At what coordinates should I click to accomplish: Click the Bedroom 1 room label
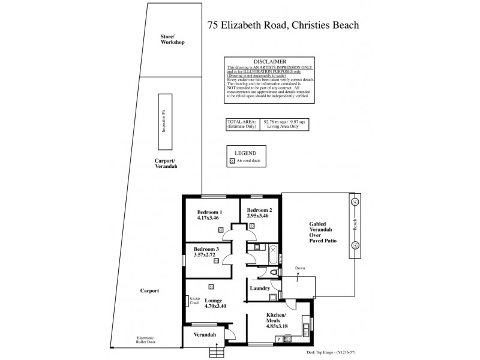[209, 212]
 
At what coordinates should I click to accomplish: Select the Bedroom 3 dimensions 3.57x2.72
[205, 254]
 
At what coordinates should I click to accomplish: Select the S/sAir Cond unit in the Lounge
[193, 301]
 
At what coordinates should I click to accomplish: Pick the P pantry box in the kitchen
[278, 339]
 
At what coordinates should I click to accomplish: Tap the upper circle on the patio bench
[355, 202]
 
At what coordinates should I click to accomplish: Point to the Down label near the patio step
[299, 268]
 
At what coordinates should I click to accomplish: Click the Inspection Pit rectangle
[162, 122]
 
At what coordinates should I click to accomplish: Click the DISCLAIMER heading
[269, 62]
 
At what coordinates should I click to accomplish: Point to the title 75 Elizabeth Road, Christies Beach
[283, 25]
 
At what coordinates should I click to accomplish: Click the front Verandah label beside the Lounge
[204, 334]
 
